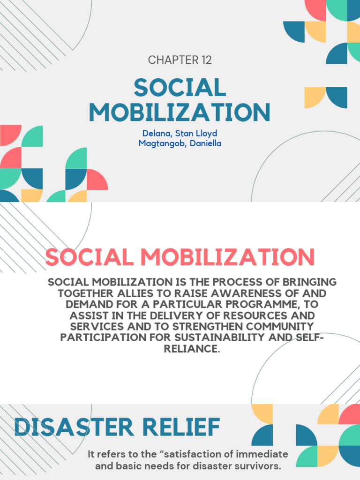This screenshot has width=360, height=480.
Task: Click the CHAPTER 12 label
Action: coord(180,60)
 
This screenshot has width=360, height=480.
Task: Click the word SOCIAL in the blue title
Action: coord(180,88)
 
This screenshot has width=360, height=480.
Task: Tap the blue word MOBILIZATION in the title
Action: coord(180,112)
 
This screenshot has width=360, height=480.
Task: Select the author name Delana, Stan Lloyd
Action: coord(180,134)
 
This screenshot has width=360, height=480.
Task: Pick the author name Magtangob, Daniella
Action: coord(180,143)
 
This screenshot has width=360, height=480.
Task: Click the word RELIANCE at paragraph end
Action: coord(192,349)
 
